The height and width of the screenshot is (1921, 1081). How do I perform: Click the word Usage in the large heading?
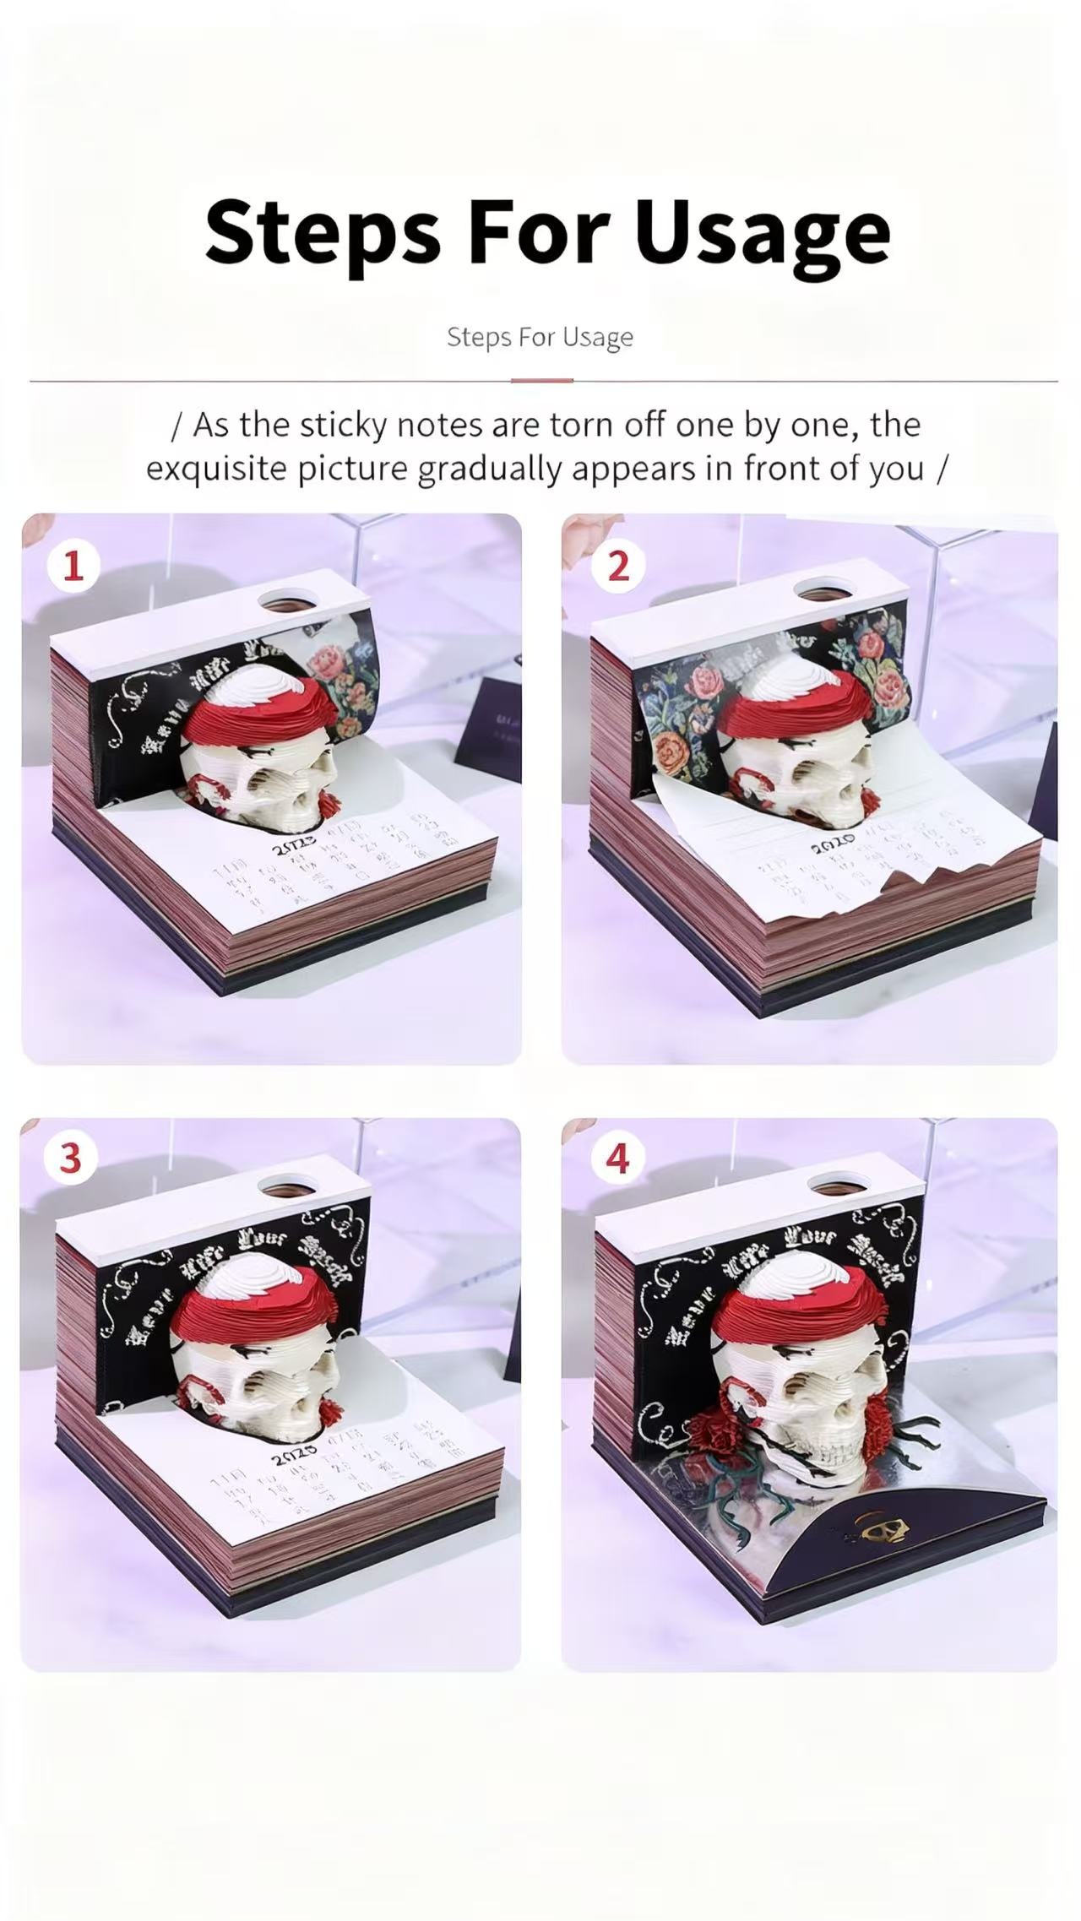[763, 231]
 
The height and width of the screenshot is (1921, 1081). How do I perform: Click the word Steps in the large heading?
[323, 231]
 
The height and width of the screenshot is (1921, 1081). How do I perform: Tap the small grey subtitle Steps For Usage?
[540, 337]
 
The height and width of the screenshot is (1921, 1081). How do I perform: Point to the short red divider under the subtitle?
[541, 381]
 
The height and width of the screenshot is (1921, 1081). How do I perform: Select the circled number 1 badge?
[73, 566]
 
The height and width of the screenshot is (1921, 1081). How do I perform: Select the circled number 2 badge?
[617, 566]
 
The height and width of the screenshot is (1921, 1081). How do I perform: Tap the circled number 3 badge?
[70, 1159]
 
